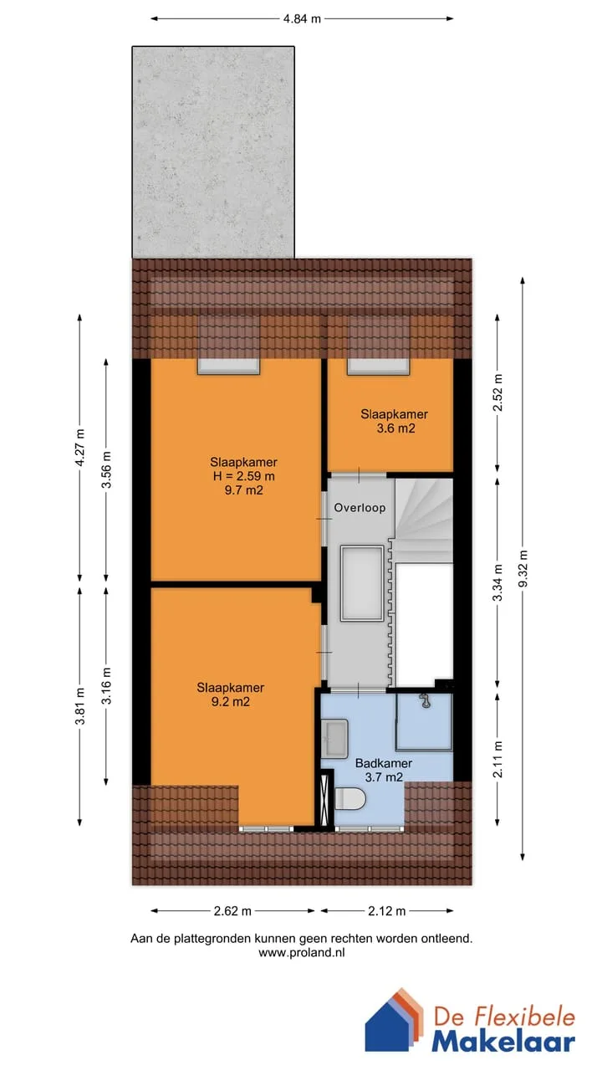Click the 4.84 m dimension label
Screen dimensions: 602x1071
click(x=302, y=19)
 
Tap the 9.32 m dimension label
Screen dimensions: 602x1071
click(x=523, y=568)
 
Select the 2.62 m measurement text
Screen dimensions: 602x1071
click(x=232, y=911)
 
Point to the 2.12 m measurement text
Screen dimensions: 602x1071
click(x=386, y=911)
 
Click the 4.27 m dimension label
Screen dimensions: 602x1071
click(x=79, y=448)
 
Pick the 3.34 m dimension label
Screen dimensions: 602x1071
click(x=497, y=583)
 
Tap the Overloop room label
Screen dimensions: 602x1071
click(x=360, y=508)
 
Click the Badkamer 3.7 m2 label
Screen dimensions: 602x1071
click(x=384, y=771)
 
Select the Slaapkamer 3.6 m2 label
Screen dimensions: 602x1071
click(x=394, y=421)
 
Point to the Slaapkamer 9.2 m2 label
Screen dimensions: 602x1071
click(x=230, y=694)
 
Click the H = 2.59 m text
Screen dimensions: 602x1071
click(x=243, y=476)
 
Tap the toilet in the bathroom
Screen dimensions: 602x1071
click(x=350, y=799)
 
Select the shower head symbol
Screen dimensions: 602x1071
click(x=424, y=701)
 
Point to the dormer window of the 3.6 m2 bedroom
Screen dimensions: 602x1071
click(x=379, y=366)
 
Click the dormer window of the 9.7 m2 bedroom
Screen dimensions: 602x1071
click(x=229, y=366)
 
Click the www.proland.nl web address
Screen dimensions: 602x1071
click(x=302, y=952)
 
